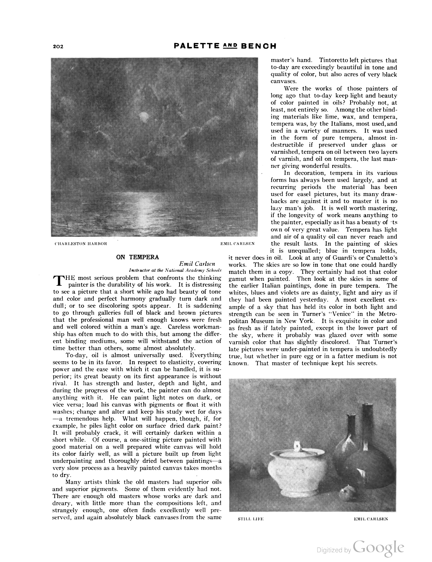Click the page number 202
coord(58,46)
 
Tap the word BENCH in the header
coord(259,46)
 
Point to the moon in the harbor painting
coord(143,116)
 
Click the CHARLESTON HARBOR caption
coord(81,243)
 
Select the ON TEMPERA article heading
coord(137,257)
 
